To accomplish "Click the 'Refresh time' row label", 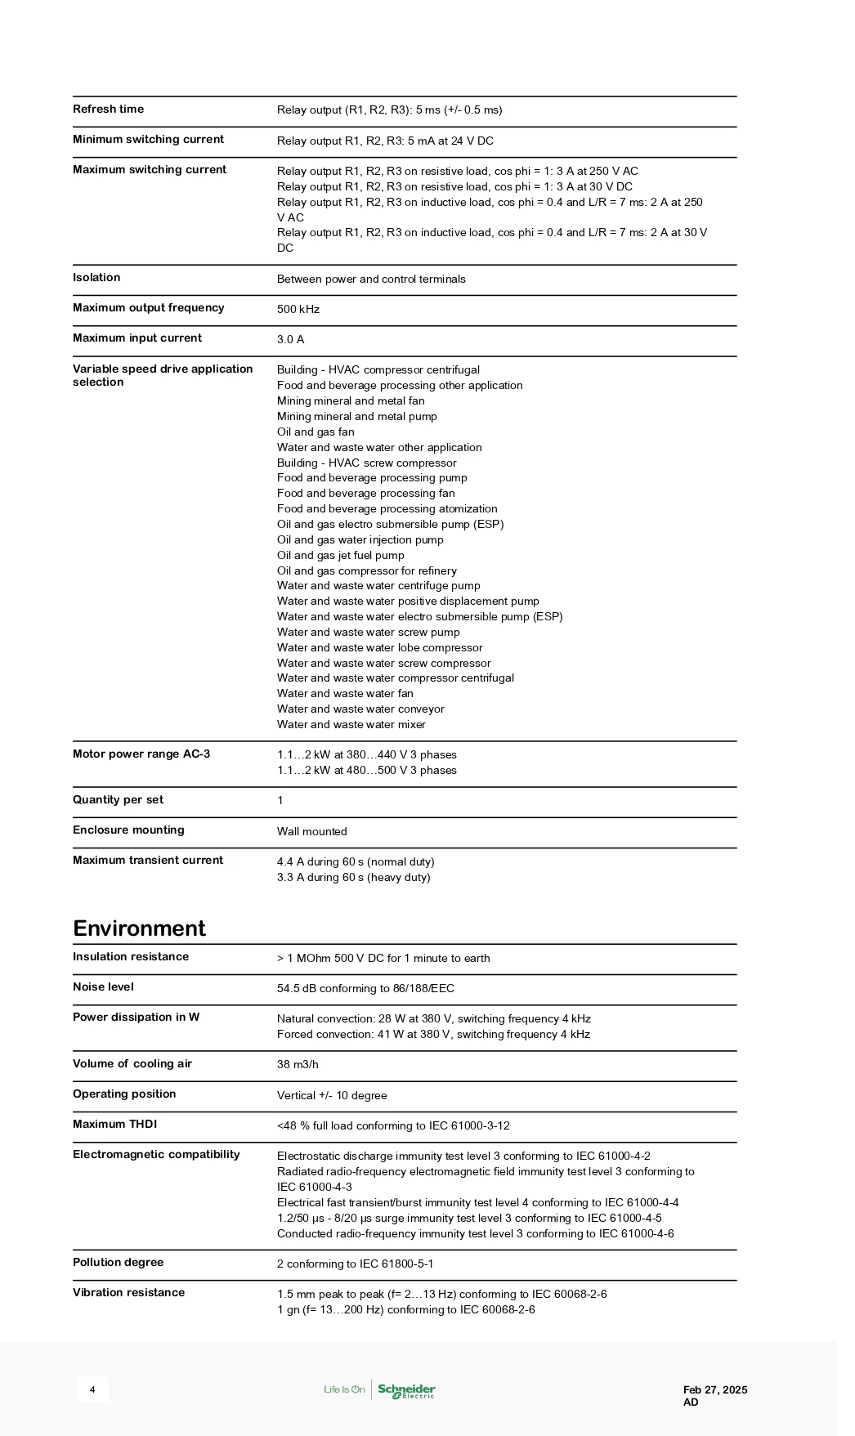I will [x=108, y=110].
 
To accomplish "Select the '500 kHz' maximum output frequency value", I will [x=298, y=310].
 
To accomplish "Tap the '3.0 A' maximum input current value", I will [x=290, y=340].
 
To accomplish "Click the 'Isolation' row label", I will [x=96, y=278].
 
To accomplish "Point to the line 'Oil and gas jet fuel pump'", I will [x=340, y=556].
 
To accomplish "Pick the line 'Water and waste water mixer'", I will [x=351, y=725].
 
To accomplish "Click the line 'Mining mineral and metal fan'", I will [x=351, y=401].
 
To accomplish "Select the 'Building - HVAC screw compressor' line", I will [x=366, y=463].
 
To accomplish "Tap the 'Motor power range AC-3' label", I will [x=141, y=754].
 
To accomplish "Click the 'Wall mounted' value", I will [x=311, y=832].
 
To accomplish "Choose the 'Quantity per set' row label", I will [x=118, y=800].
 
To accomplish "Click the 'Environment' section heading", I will [x=139, y=928].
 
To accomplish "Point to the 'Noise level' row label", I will [x=103, y=987].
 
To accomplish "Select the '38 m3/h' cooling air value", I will [x=298, y=1065].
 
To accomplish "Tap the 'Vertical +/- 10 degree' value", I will [x=332, y=1096].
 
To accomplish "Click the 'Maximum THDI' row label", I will [x=114, y=1125].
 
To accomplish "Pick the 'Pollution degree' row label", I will [x=118, y=1263].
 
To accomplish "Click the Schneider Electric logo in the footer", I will [x=406, y=1390].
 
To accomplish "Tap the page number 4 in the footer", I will [x=92, y=1390].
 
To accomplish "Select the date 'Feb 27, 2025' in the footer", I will [x=715, y=1390].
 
